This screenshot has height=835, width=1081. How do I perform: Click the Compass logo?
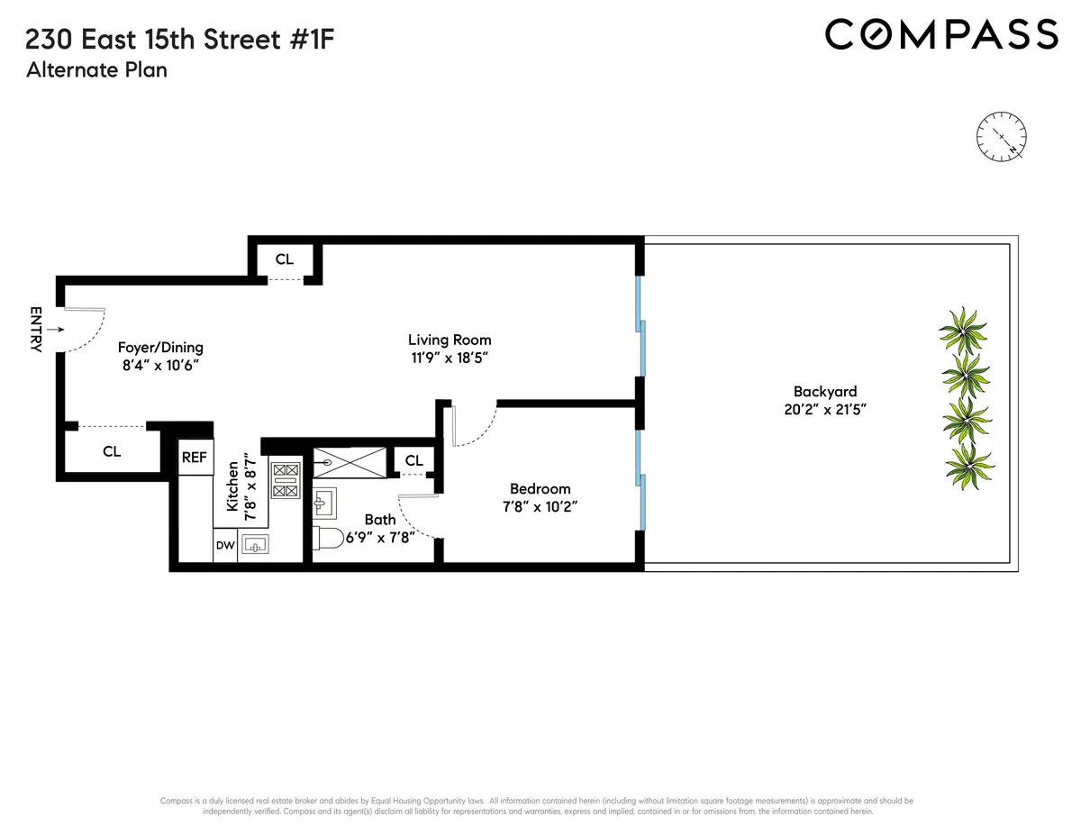point(941,35)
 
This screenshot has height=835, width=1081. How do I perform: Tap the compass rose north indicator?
point(1000,136)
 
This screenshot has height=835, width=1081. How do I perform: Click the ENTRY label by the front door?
point(36,330)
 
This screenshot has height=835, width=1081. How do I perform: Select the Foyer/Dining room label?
point(161,348)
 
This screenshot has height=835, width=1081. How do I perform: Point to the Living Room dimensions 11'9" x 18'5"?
point(450,358)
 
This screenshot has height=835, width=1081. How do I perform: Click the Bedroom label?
point(540,488)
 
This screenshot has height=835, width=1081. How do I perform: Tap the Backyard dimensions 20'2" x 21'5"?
point(824,409)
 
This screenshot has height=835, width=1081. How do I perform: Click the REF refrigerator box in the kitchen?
point(195,458)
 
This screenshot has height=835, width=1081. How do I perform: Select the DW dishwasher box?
point(224,546)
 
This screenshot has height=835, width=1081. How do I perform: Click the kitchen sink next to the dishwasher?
point(257,546)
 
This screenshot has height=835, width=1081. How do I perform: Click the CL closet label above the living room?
point(285,259)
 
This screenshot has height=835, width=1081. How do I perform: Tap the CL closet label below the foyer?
point(112,452)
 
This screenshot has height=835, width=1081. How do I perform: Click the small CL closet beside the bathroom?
point(413,461)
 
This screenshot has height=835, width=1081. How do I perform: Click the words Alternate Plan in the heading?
point(97,69)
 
